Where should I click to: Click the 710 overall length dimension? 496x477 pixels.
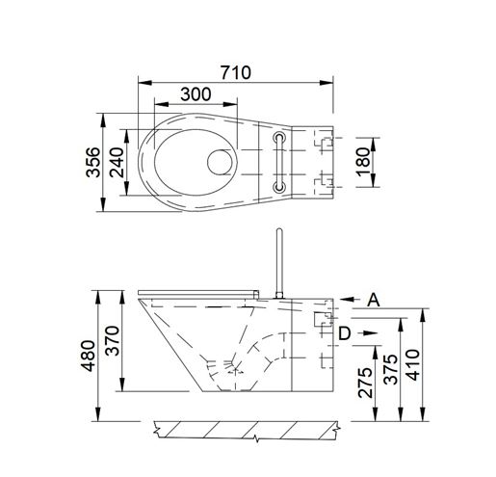tap(236, 72)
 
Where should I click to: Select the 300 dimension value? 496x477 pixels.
tap(196, 94)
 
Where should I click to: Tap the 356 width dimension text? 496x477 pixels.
tap(93, 162)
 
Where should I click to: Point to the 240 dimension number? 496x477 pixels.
tap(117, 162)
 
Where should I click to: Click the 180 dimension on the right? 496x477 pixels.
tap(363, 162)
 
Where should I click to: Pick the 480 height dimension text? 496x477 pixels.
tap(88, 356)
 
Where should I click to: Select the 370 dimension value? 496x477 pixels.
tap(113, 340)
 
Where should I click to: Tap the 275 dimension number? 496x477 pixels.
tap(365, 383)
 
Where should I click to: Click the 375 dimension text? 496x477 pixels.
tap(391, 369)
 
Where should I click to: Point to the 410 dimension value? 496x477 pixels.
tap(413, 365)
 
